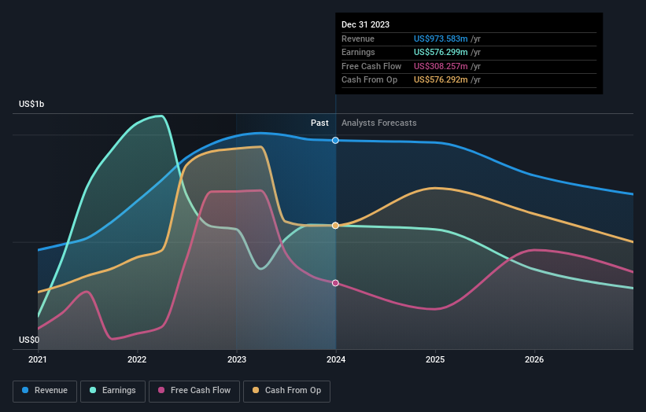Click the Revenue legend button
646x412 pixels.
click(45, 390)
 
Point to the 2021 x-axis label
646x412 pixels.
click(38, 360)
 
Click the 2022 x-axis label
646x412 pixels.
click(137, 360)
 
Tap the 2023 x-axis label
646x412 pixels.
click(236, 360)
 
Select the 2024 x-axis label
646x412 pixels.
click(336, 360)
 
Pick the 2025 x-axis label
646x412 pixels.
click(435, 360)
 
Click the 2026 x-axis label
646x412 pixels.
click(534, 360)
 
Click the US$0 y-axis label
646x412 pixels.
click(29, 340)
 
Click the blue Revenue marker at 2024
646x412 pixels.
click(336, 140)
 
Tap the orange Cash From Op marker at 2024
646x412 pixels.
click(336, 226)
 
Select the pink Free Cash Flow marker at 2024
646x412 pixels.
click(336, 283)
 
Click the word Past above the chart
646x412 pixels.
click(319, 123)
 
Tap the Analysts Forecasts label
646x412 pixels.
click(379, 123)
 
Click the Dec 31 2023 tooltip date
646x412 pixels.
click(365, 25)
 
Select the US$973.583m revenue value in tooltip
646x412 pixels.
click(441, 39)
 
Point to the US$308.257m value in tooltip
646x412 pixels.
click(441, 67)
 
